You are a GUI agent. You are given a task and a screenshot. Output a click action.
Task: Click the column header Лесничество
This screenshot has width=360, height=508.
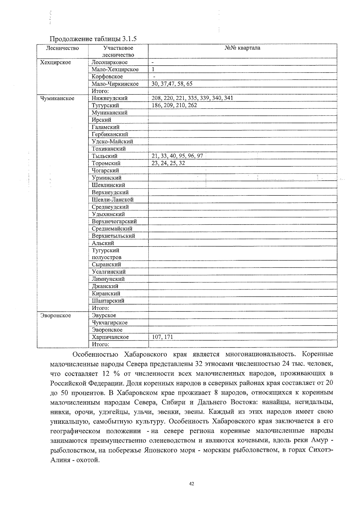[x=62, y=48]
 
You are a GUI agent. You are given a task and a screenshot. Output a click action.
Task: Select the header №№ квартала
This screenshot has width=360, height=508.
[x=242, y=48]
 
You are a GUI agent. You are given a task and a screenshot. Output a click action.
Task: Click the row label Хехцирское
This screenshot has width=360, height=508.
[x=56, y=62]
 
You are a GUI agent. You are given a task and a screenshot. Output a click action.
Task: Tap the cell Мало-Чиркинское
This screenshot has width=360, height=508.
[x=115, y=84]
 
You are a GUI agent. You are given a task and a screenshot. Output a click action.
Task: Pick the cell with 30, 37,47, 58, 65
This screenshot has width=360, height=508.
[x=172, y=84]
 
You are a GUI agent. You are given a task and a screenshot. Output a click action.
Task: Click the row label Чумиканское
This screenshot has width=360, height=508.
[x=57, y=98]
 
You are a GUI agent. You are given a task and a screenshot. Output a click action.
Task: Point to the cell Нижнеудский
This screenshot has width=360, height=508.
[x=109, y=98]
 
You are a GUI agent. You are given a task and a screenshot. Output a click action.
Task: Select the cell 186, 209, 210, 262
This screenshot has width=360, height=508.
[x=174, y=105]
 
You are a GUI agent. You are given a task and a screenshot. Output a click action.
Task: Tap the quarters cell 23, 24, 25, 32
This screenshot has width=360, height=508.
[x=168, y=163]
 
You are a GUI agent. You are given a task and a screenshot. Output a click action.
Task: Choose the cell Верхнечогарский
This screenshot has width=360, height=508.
[x=114, y=221]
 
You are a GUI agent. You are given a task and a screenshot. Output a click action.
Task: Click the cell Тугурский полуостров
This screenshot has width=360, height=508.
[x=106, y=254]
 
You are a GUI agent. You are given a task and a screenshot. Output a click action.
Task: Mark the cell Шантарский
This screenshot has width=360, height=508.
[x=108, y=301]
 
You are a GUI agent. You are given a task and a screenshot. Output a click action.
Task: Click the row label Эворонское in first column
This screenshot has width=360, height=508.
[x=56, y=316]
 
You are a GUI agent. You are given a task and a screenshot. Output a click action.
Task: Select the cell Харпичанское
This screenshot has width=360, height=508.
[x=110, y=337]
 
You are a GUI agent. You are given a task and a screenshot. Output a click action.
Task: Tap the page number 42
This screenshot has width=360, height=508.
[x=192, y=484]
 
